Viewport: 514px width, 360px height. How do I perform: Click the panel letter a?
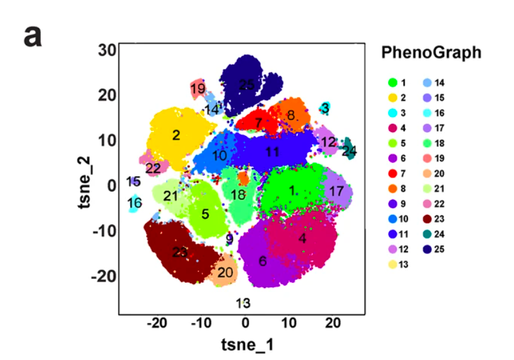tap(33, 36)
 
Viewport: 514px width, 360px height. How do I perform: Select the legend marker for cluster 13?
tap(393, 264)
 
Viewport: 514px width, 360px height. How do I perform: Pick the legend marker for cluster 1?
tap(393, 83)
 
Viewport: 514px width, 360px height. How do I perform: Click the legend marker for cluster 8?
tap(393, 188)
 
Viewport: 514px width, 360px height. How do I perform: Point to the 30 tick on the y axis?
tap(107, 50)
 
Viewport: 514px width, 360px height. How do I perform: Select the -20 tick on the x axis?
tap(156, 324)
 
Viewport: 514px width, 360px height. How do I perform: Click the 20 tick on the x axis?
tap(332, 324)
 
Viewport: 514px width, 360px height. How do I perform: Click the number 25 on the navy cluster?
tap(246, 84)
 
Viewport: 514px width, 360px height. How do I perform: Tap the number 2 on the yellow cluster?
tap(176, 135)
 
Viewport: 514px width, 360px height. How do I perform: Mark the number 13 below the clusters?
tap(243, 303)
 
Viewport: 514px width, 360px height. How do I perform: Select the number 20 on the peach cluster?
tap(225, 273)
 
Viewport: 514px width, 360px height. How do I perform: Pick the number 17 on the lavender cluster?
tap(337, 190)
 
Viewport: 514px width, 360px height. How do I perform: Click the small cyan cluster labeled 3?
tap(326, 109)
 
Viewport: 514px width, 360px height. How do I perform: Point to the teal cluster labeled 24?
tap(349, 151)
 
